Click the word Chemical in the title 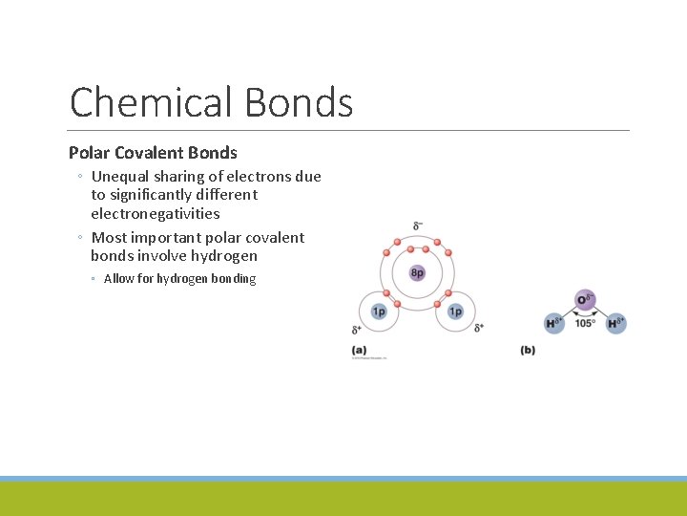click(151, 102)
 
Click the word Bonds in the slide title click(299, 102)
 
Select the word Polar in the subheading click(89, 153)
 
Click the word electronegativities click(156, 214)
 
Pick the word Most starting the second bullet click(109, 238)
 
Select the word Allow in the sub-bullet click(119, 279)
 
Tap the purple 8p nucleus click(417, 273)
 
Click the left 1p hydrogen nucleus click(379, 312)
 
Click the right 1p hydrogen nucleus click(455, 312)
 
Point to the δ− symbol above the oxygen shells click(418, 226)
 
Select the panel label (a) click(359, 351)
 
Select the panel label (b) click(528, 351)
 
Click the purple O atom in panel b click(585, 300)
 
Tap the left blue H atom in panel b click(554, 323)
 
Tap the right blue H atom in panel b click(615, 323)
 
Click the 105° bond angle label click(585, 324)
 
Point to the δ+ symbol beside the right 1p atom click(479, 328)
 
